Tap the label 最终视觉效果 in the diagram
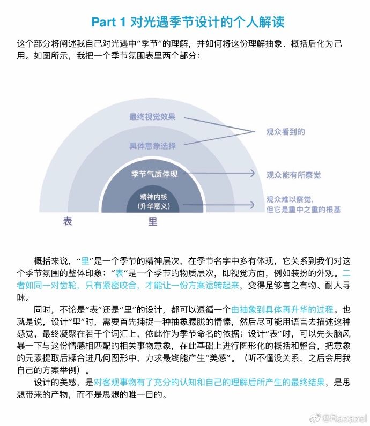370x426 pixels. (x=152, y=117)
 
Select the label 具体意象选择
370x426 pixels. (x=152, y=145)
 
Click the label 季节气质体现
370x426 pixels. (x=154, y=174)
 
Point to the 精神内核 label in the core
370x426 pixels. (x=154, y=196)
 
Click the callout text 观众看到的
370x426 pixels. (x=286, y=131)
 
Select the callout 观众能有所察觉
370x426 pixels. (x=294, y=175)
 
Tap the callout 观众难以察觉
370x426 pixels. (x=290, y=199)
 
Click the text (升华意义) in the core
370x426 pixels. (x=154, y=206)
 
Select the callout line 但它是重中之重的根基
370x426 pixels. (x=304, y=209)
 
